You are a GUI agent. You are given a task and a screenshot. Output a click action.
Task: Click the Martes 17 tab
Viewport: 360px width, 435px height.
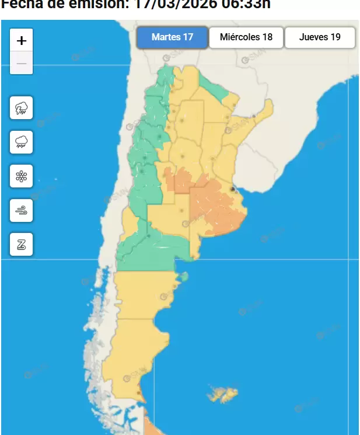pyautogui.click(x=172, y=37)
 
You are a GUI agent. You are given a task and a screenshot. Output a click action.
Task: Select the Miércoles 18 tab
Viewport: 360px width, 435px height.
pyautogui.click(x=246, y=37)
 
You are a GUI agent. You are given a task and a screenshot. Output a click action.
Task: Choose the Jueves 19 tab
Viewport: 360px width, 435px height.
pyautogui.click(x=320, y=37)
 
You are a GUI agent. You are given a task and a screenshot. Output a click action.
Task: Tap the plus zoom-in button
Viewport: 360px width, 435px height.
pyautogui.click(x=22, y=41)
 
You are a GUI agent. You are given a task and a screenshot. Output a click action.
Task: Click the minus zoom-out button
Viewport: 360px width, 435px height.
pyautogui.click(x=22, y=63)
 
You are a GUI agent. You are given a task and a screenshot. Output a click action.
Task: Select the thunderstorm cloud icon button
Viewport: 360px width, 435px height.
pyautogui.click(x=22, y=107)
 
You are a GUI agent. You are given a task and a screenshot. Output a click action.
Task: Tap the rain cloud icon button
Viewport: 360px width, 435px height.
pyautogui.click(x=22, y=141)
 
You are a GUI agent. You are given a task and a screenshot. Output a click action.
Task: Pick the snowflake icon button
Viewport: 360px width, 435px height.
pyautogui.click(x=22, y=176)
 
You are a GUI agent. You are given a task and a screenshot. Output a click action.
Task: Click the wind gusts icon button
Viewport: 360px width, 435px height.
pyautogui.click(x=22, y=210)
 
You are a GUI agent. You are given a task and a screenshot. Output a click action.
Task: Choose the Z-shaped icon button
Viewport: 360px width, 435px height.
pyautogui.click(x=22, y=245)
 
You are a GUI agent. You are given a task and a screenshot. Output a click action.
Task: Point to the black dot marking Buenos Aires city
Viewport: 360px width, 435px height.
pyautogui.click(x=233, y=189)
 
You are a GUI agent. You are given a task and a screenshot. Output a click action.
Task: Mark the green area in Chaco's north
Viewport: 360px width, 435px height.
pyautogui.click(x=215, y=88)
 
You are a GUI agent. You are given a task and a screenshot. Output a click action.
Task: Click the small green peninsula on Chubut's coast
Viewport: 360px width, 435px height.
pyautogui.click(x=183, y=276)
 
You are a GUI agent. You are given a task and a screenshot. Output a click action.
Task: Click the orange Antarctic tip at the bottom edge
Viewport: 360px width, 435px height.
pyautogui.click(x=150, y=430)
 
